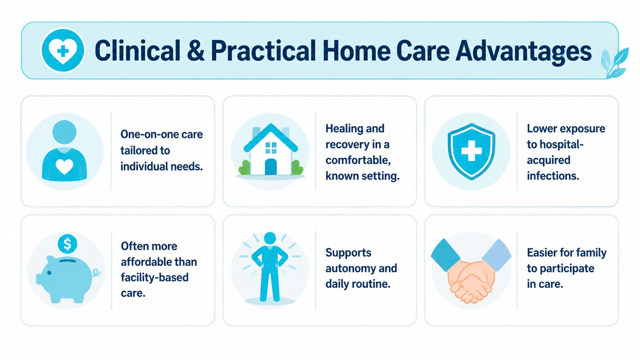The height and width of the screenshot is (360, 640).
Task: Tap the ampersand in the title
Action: coord(196,50)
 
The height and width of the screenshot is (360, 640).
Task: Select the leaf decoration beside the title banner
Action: coord(615,63)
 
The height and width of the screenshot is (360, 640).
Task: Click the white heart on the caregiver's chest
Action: coord(64,166)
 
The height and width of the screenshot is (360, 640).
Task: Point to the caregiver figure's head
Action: coord(65,132)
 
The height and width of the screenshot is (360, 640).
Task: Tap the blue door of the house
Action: coord(271,167)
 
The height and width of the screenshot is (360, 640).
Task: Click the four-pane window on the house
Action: coord(271,148)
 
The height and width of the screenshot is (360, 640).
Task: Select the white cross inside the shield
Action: coord(472,150)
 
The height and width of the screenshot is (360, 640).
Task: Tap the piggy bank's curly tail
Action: coord(96,272)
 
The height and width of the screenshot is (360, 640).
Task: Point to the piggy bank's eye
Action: coord(49,273)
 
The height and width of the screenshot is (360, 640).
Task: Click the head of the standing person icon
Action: coord(270,238)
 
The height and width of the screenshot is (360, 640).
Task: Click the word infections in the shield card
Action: coord(553,176)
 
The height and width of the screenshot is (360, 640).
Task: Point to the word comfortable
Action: coord(358,160)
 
